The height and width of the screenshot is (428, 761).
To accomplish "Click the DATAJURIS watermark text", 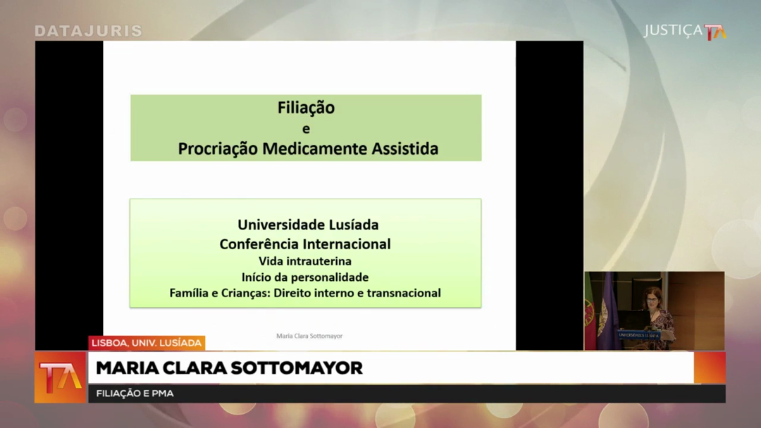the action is (x=88, y=31).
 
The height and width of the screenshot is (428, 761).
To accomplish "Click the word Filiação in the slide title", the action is (x=307, y=108).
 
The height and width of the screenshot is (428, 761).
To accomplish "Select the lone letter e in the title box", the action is (x=306, y=129).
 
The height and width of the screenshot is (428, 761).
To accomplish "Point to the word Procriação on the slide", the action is (x=218, y=149).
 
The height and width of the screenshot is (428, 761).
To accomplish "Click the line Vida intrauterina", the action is (x=305, y=261).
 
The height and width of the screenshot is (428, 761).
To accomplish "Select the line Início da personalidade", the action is (x=305, y=277).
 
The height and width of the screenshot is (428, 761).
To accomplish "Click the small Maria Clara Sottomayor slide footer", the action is (x=309, y=336).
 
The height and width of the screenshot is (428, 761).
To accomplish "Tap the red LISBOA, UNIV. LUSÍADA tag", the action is (x=147, y=343).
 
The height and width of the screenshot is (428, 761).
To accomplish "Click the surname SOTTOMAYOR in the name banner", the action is (x=296, y=368).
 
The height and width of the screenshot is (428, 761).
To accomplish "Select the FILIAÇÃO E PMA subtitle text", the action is (x=135, y=394).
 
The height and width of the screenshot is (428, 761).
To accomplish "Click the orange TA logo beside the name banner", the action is (x=60, y=377).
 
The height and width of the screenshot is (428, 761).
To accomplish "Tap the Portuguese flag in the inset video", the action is (x=590, y=310).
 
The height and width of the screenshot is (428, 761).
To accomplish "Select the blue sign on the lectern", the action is (x=638, y=335).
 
